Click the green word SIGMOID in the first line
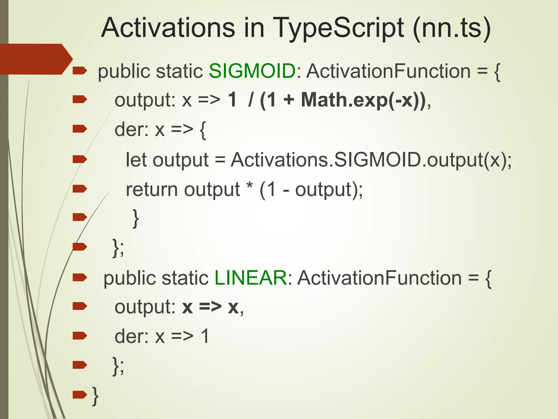(252, 71)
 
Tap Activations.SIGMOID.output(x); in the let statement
(371, 160)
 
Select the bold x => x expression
(210, 307)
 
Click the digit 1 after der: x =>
(205, 336)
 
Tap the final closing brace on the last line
(95, 396)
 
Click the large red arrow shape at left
(34, 59)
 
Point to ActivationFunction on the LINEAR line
(379, 278)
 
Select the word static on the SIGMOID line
(179, 71)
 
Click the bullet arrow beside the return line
(80, 188)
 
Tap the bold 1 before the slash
(232, 100)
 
